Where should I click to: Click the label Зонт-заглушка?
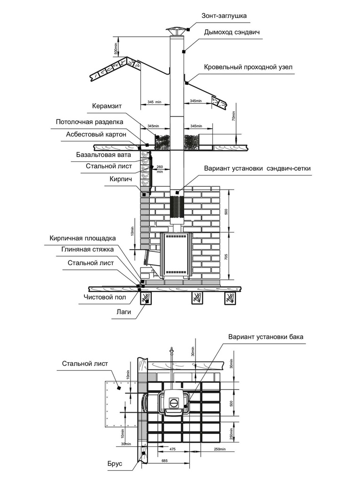pyautogui.click(x=224, y=16)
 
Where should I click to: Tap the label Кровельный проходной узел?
pyautogui.click(x=248, y=67)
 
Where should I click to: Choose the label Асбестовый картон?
pyautogui.click(x=96, y=134)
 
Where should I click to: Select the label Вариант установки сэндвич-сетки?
pyautogui.click(x=257, y=168)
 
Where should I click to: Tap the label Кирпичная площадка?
pyautogui.click(x=82, y=238)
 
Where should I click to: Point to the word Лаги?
pyautogui.click(x=124, y=311)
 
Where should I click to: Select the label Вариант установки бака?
pyautogui.click(x=266, y=337)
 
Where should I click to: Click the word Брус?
pyautogui.click(x=115, y=464)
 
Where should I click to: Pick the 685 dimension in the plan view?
pyautogui.click(x=164, y=460)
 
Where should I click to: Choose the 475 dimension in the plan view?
pyautogui.click(x=172, y=449)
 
